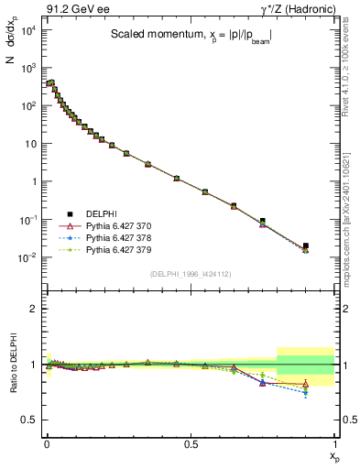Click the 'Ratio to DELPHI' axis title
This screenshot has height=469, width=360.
coord(11,365)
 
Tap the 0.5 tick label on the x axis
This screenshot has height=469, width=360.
coord(190,444)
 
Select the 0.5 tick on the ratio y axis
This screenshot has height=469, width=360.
coord(29,420)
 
